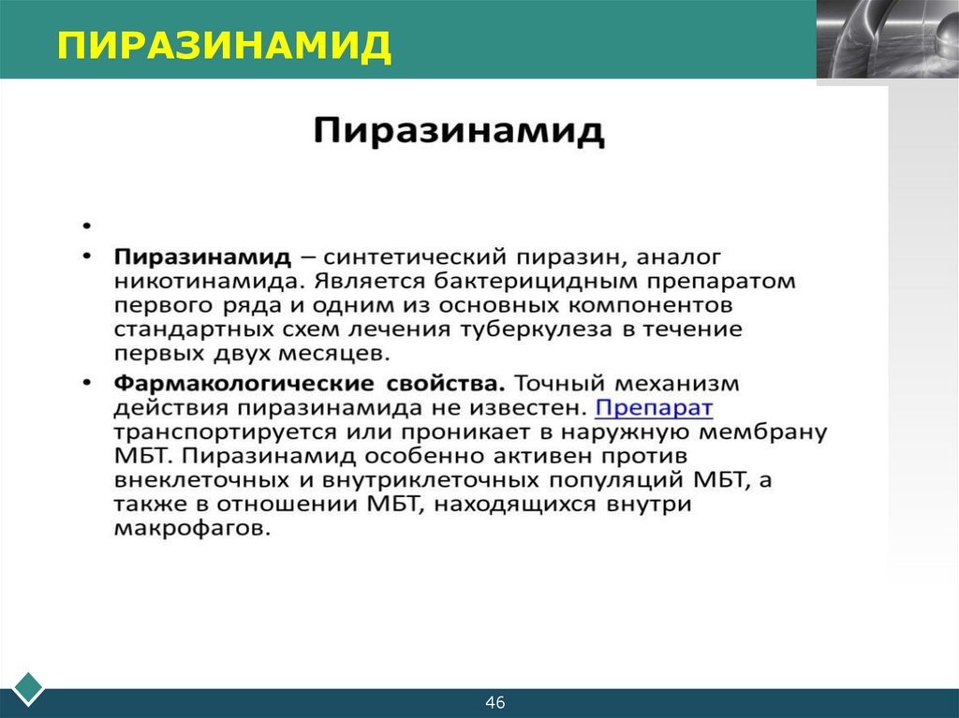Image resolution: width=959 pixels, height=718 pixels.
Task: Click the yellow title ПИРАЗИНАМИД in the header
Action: coord(224,44)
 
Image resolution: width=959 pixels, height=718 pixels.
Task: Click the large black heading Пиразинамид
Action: coord(458,131)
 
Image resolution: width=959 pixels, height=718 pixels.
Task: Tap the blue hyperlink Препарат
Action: coord(655,408)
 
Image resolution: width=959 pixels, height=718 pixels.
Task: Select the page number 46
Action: coord(495,702)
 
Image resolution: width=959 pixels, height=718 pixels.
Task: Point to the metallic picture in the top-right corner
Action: coord(887,38)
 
